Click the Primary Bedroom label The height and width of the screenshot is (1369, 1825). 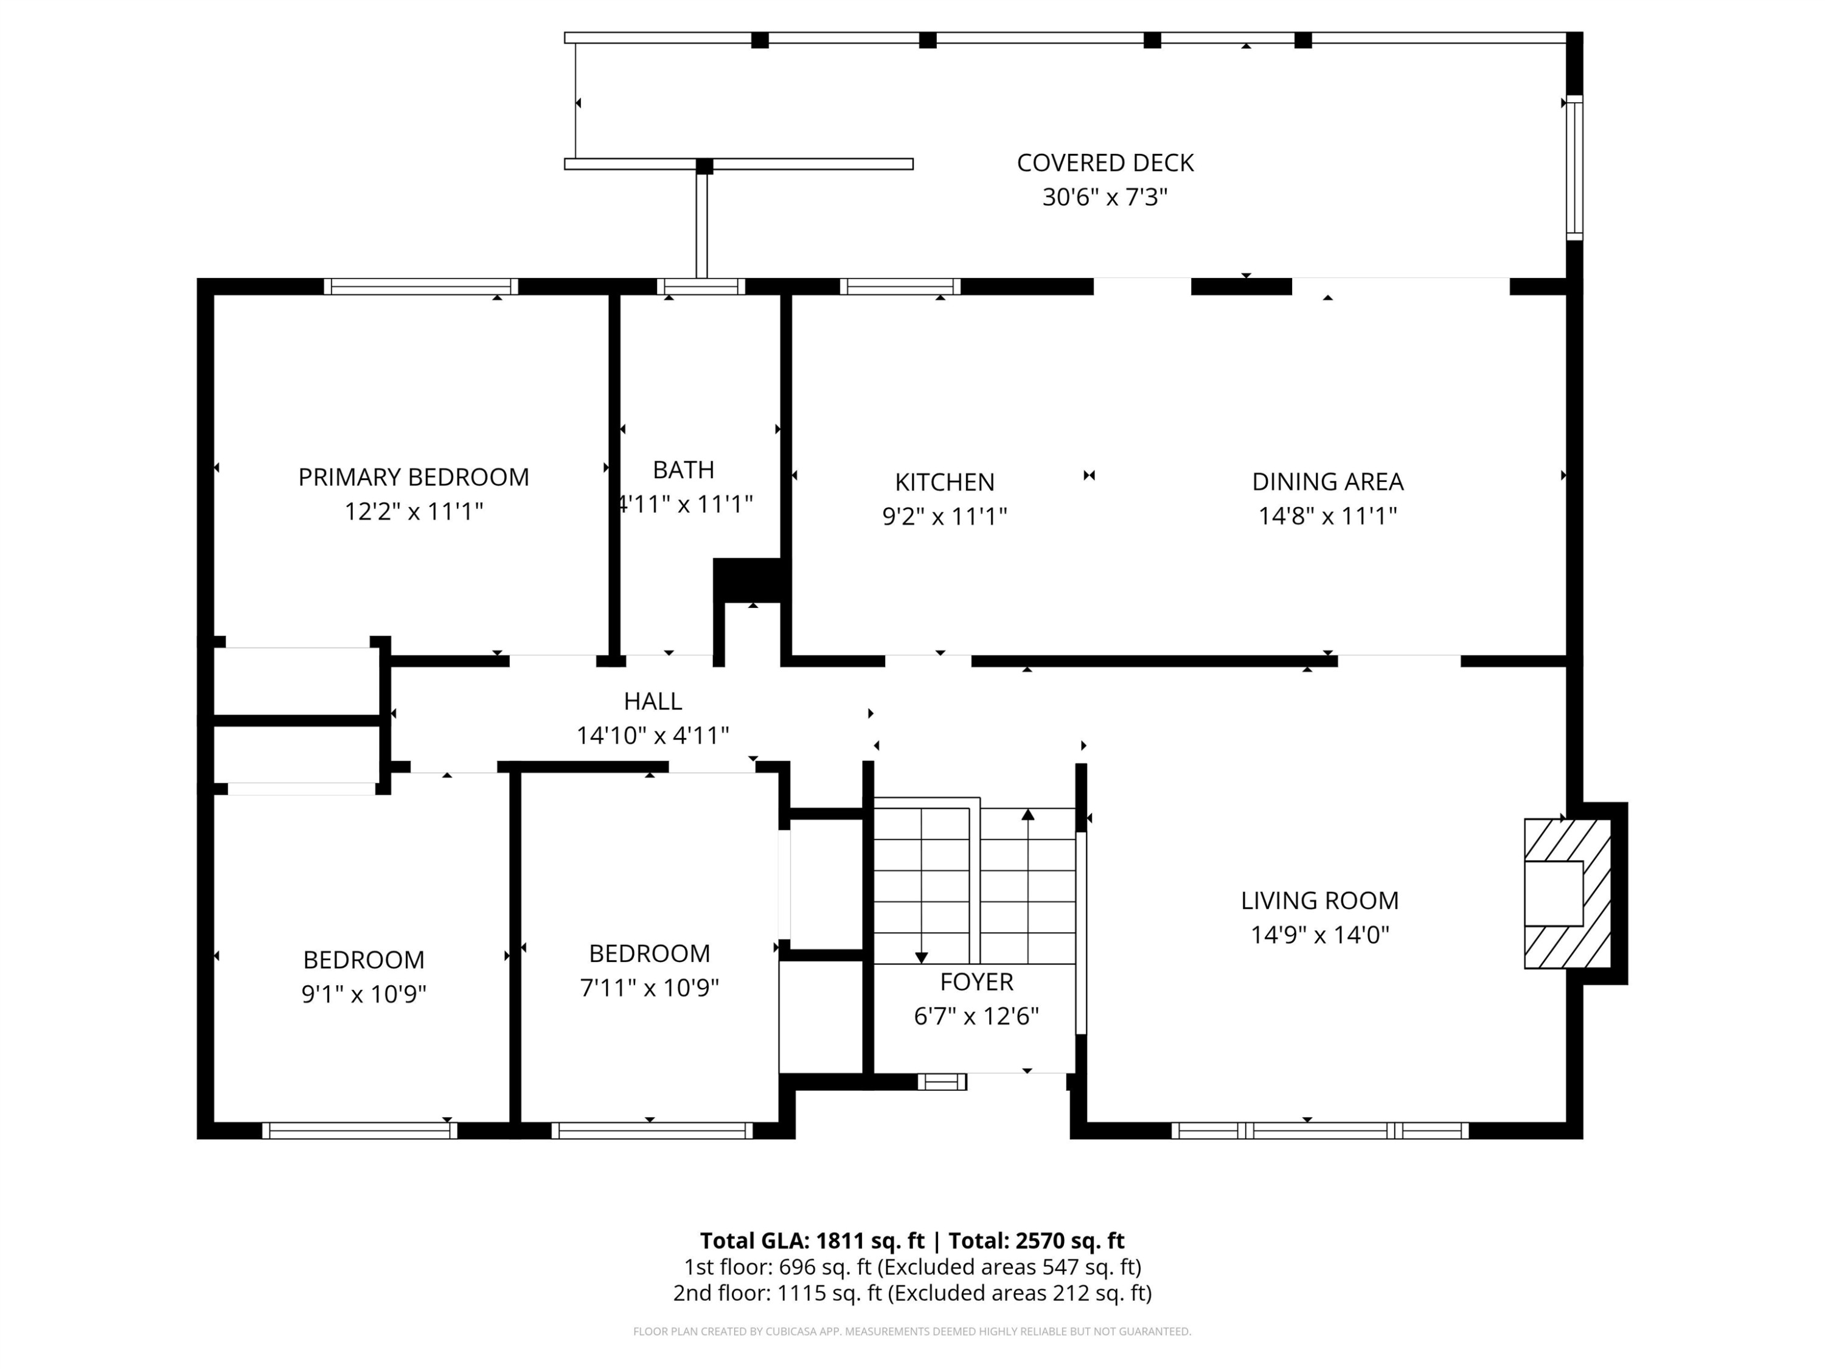tap(413, 477)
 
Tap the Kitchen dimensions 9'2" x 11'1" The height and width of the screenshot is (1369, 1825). tap(945, 517)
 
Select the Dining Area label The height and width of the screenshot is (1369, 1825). tap(1327, 481)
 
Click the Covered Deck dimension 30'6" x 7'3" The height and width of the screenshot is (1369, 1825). tap(1105, 197)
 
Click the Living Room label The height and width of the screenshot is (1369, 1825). tap(1319, 900)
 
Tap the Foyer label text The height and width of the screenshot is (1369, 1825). tap(976, 981)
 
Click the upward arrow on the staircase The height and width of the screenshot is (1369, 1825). tap(1027, 815)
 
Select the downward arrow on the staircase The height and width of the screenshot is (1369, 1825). tap(922, 957)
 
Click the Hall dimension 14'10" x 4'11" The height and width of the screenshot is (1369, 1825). tap(653, 735)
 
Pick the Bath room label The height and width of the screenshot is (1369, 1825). tap(683, 470)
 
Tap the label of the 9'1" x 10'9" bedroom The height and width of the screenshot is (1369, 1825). tap(363, 960)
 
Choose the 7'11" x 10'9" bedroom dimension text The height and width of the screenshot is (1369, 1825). tap(649, 988)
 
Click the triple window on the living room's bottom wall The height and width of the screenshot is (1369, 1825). tap(1319, 1130)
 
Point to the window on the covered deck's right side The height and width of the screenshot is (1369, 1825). tap(1574, 167)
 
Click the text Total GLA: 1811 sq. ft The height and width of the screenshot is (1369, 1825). tap(812, 1240)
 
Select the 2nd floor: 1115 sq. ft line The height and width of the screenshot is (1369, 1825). tap(912, 1292)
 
